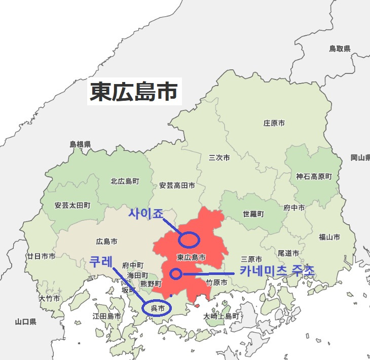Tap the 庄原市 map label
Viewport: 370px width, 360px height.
[274, 123]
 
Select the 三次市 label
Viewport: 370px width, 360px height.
[219, 158]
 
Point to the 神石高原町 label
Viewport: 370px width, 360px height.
[314, 177]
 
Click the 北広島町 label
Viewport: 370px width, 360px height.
[125, 181]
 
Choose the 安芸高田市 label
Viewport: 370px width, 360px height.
[177, 186]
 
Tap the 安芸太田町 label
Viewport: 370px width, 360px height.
[72, 206]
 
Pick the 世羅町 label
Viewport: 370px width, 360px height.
[253, 214]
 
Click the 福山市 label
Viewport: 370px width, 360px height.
[329, 237]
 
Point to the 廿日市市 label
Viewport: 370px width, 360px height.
[42, 257]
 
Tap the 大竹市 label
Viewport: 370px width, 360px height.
[49, 298]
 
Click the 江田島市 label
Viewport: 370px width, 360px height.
[106, 316]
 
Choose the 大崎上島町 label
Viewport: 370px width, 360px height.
[221, 316]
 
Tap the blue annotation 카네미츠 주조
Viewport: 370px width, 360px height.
[277, 271]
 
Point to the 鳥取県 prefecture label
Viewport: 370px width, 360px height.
[340, 49]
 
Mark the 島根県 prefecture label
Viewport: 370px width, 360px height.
[80, 144]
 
